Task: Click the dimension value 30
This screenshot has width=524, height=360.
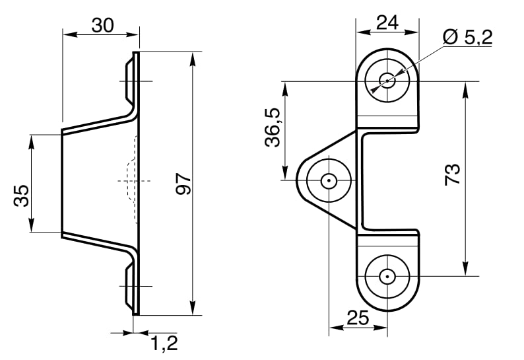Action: pyautogui.click(x=102, y=25)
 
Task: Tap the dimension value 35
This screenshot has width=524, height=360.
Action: pyautogui.click(x=21, y=196)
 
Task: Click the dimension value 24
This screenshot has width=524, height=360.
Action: pyautogui.click(x=387, y=22)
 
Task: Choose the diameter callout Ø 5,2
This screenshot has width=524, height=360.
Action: pyautogui.click(x=468, y=37)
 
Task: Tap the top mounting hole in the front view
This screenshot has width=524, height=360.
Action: pyautogui.click(x=387, y=81)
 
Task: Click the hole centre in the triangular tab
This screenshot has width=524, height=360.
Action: pyautogui.click(x=328, y=180)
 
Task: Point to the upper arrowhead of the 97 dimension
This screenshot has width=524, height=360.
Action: pyautogui.click(x=193, y=58)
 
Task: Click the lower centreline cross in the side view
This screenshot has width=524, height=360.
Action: pyautogui.click(x=135, y=286)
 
